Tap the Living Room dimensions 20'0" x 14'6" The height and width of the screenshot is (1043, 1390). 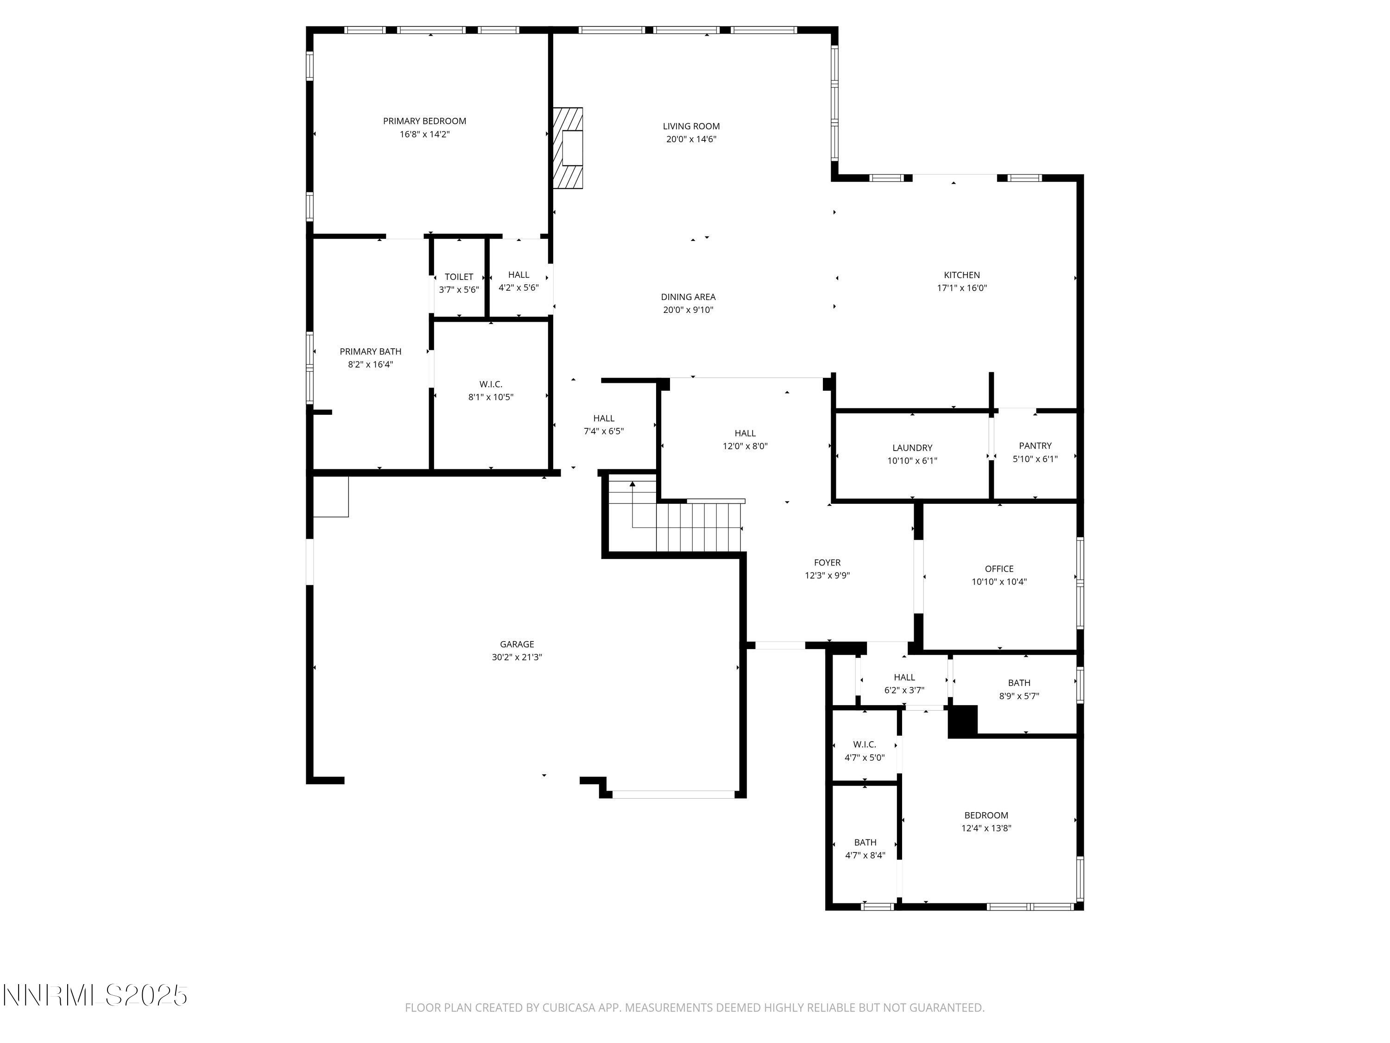coord(691,140)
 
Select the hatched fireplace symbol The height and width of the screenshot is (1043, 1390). coord(568,148)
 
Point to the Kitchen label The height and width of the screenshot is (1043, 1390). coord(961,275)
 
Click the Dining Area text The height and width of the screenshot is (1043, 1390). coord(688,297)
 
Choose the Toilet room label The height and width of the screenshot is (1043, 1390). coord(459,277)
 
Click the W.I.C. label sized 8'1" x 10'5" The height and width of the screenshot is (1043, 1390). coord(491,384)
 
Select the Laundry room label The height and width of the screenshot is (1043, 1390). coord(912,448)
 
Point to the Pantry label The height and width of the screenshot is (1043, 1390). coord(1035,446)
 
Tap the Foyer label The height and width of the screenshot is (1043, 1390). coord(827,563)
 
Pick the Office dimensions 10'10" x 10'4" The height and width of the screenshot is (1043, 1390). coord(999,582)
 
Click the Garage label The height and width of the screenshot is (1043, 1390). coord(517,644)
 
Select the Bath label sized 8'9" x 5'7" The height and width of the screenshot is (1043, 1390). coord(1018,683)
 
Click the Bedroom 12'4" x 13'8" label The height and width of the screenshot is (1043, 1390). coord(986,815)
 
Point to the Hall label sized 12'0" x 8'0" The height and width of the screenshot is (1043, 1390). coord(745,433)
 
